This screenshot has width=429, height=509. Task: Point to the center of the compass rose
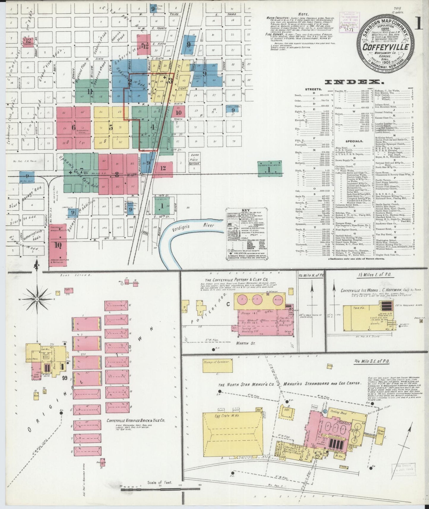tap(37, 300)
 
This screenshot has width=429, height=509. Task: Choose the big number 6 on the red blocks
tap(73, 127)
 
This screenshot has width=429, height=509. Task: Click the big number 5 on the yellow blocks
tap(111, 127)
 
